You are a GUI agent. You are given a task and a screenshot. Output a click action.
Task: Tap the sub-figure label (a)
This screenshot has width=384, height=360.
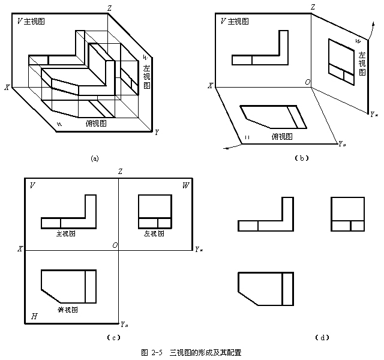click(x=94, y=158)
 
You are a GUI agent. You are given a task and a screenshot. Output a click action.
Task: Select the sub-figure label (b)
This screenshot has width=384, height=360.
click(x=302, y=158)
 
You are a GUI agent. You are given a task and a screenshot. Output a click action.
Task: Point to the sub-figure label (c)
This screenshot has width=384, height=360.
click(x=110, y=337)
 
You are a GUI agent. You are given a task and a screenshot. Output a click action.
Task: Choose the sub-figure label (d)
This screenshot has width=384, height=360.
click(x=321, y=337)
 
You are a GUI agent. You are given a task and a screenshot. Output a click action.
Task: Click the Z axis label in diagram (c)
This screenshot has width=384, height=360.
click(x=121, y=172)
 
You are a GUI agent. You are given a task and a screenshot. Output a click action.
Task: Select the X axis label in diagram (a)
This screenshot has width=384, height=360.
click(x=7, y=88)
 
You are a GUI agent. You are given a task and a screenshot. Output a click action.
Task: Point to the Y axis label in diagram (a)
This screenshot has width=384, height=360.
click(x=157, y=131)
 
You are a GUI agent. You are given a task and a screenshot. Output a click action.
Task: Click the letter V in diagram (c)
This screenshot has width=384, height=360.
click(x=31, y=185)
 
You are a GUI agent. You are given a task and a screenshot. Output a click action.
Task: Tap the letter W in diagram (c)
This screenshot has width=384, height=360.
click(x=185, y=185)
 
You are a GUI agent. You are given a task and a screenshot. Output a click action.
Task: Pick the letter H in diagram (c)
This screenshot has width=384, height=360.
click(x=34, y=315)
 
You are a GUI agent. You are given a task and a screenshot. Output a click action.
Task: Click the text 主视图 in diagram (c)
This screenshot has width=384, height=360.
click(x=67, y=234)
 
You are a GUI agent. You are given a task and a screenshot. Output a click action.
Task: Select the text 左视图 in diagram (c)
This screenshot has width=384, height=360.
click(x=155, y=234)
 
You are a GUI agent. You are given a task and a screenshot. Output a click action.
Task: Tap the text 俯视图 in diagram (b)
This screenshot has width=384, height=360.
click(x=281, y=137)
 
